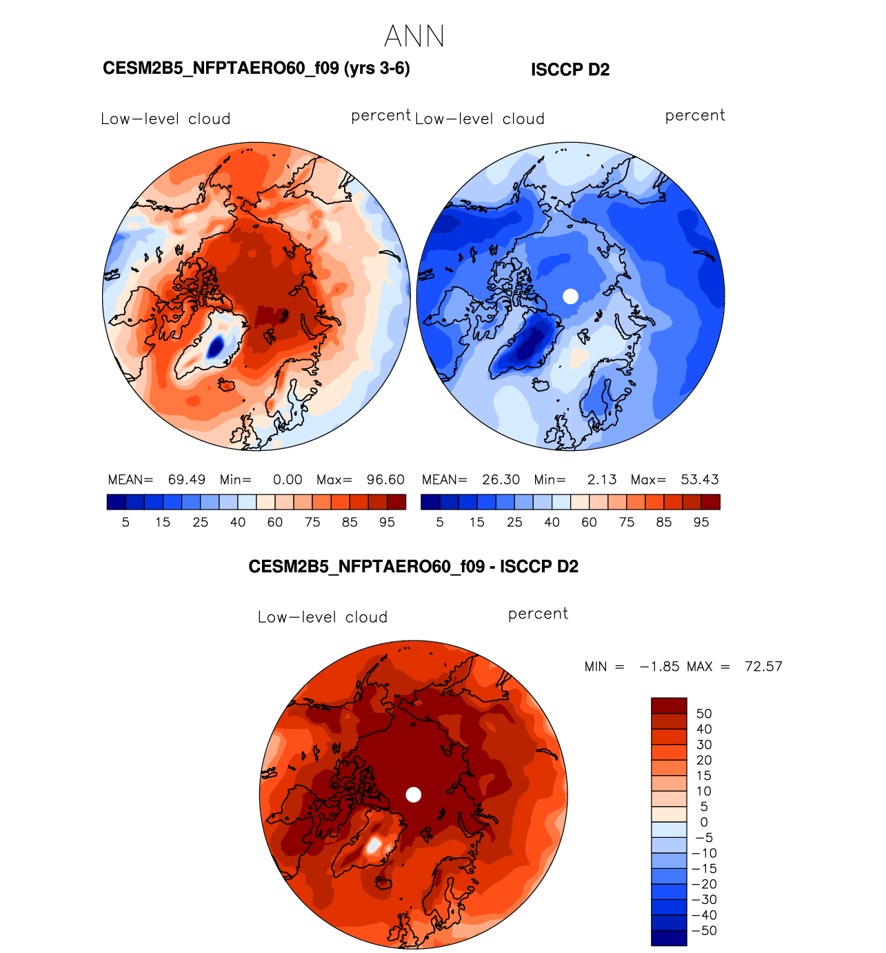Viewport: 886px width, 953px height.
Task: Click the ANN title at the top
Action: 414,36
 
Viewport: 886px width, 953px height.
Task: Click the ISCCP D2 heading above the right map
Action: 570,70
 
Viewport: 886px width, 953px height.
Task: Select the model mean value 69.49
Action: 186,479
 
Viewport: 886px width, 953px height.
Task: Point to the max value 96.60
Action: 385,479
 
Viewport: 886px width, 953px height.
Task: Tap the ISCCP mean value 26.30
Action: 501,479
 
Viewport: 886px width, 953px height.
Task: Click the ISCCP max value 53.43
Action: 700,479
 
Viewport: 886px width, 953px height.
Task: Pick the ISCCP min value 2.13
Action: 602,479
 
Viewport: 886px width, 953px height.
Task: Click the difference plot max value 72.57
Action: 763,666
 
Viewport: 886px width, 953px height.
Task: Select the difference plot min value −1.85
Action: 659,666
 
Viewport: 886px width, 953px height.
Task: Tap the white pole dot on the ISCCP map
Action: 570,296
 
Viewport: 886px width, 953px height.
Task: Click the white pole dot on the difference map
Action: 413,794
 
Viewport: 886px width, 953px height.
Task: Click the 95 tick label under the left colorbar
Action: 387,522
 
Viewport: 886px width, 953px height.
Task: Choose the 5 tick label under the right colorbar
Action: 440,522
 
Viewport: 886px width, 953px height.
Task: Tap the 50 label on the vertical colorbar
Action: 703,714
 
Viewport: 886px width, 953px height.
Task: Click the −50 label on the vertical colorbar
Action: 704,930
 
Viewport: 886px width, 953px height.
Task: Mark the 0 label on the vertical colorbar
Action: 703,822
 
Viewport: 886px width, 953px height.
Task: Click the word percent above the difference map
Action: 538,614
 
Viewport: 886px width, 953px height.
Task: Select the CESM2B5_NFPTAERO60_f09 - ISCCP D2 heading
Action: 413,567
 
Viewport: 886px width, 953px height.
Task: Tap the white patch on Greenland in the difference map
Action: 373,845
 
